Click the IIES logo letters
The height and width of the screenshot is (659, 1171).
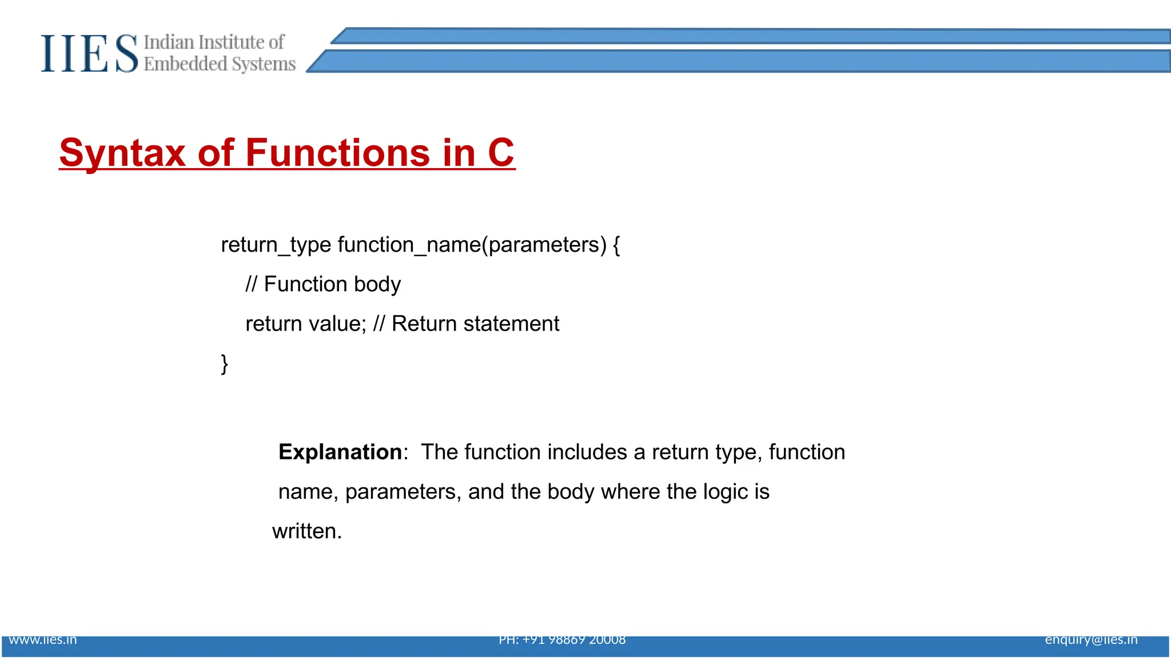pyautogui.click(x=89, y=54)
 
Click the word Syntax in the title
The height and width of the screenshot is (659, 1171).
pyautogui.click(x=122, y=153)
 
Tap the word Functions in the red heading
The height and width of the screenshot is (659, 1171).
pyautogui.click(x=337, y=153)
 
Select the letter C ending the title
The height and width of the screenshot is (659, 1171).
pyautogui.click(x=501, y=153)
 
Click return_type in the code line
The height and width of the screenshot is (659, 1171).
pyautogui.click(x=276, y=245)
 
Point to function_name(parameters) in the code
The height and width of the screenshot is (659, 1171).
pyautogui.click(x=472, y=245)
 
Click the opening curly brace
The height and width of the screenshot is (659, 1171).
pyautogui.click(x=616, y=245)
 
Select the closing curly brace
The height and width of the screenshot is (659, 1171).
pyautogui.click(x=225, y=364)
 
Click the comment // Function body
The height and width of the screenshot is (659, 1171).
pyautogui.click(x=323, y=284)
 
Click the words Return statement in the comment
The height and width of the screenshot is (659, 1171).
pyautogui.click(x=475, y=324)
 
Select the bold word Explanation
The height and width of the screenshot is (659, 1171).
pyautogui.click(x=340, y=452)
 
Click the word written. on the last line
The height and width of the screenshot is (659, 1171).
pyautogui.click(x=307, y=531)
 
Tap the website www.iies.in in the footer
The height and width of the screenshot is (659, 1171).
pyautogui.click(x=43, y=640)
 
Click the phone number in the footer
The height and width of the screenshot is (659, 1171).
pyautogui.click(x=562, y=640)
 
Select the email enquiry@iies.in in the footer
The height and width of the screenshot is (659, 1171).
pyautogui.click(x=1091, y=640)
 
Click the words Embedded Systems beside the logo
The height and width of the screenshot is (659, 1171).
pyautogui.click(x=220, y=64)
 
